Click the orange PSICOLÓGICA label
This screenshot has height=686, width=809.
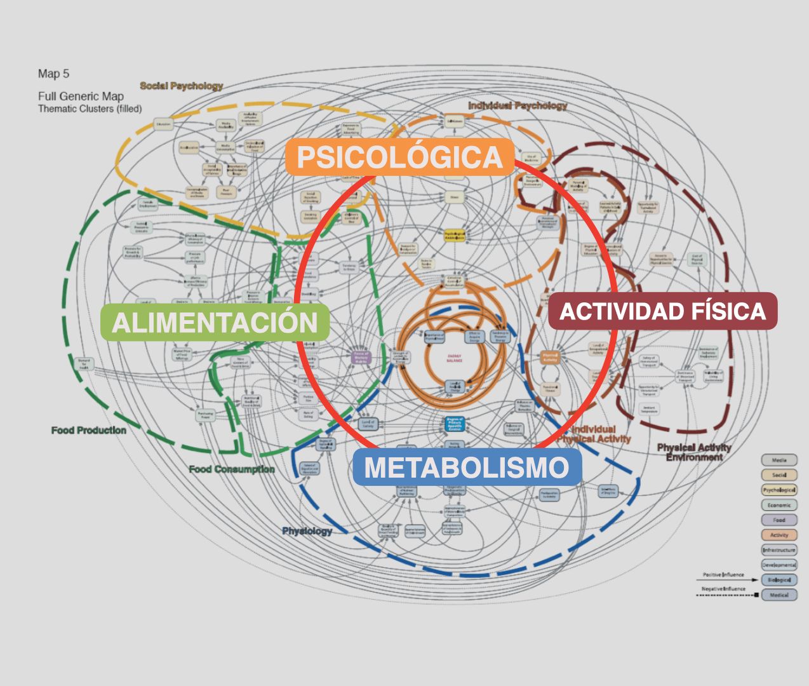point(399,157)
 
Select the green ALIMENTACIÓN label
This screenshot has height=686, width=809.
point(215,322)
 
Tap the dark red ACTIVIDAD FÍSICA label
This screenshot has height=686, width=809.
point(662,311)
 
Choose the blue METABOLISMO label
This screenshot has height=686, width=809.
point(467,467)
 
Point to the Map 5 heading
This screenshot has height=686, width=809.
point(53,74)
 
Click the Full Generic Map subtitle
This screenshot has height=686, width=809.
point(81,97)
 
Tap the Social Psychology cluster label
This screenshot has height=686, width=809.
point(182,86)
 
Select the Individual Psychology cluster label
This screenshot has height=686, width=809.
point(518,105)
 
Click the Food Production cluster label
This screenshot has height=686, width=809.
point(89,431)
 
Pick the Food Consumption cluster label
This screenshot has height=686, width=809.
point(232,469)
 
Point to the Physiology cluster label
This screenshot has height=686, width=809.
point(307,531)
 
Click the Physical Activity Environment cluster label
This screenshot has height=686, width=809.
point(694,452)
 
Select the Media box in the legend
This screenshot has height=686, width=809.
point(779,461)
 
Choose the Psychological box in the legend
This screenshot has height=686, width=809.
point(779,490)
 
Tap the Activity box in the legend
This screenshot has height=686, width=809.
point(779,535)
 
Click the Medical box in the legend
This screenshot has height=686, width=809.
point(779,595)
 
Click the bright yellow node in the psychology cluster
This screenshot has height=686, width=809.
point(455,235)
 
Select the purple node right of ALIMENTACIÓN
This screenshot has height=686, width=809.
point(361,357)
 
